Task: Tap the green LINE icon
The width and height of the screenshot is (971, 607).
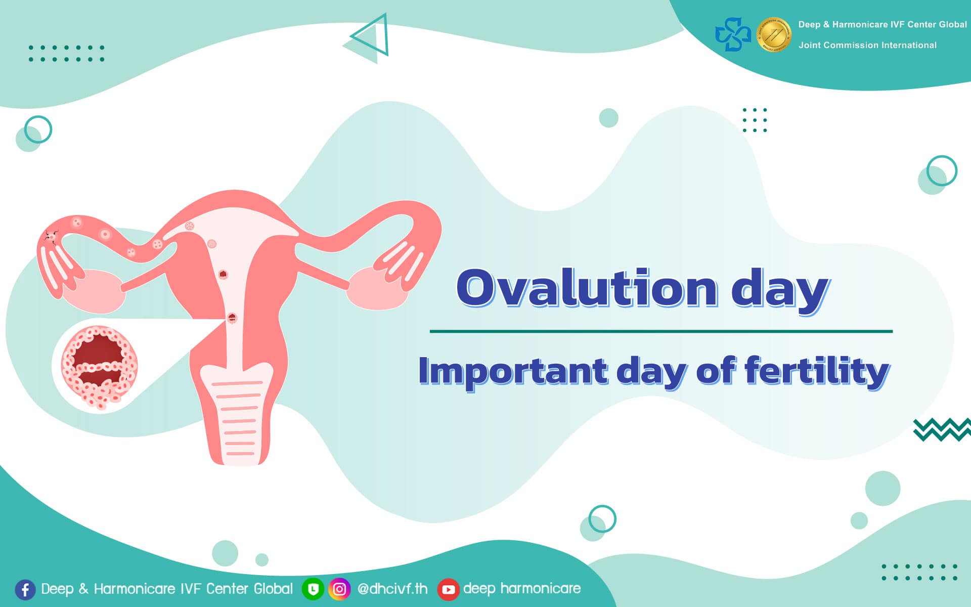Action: (x=313, y=589)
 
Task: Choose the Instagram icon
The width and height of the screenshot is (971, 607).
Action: (x=339, y=589)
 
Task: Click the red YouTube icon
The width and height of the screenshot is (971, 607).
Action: (x=448, y=589)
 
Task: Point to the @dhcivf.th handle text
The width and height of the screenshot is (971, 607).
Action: (x=392, y=589)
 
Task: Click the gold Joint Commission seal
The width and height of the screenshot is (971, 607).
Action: (x=774, y=34)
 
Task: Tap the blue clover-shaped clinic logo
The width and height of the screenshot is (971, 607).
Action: (x=733, y=34)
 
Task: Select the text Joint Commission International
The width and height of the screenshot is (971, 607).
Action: (x=867, y=45)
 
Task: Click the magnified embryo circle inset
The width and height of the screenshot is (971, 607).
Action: (x=100, y=366)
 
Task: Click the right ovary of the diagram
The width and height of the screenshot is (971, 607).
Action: (x=378, y=288)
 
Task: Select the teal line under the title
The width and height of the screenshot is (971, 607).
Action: (x=661, y=331)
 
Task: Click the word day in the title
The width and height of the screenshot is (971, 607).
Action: (x=780, y=288)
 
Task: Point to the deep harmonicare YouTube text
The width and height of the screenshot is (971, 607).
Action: (x=522, y=588)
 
